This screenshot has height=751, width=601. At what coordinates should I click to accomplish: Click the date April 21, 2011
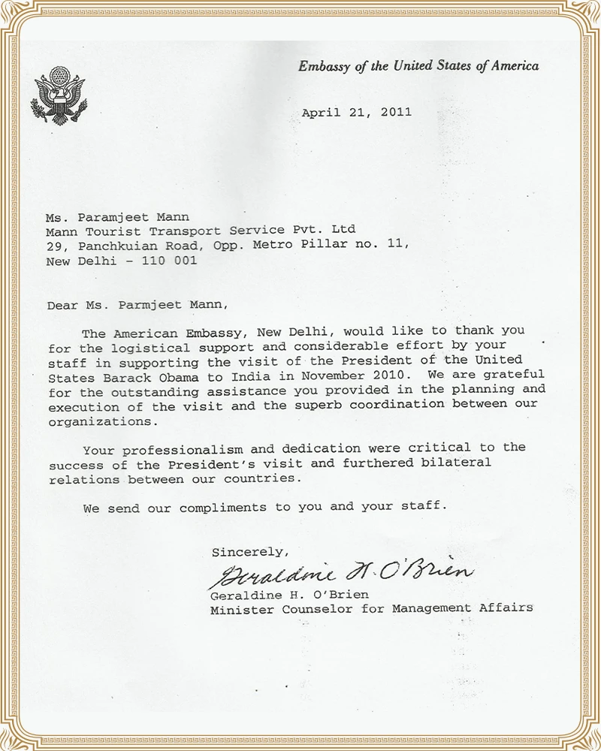coord(357,113)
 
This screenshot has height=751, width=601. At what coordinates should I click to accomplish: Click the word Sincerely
coord(249,552)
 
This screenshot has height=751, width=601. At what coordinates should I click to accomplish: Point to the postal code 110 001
coord(174,261)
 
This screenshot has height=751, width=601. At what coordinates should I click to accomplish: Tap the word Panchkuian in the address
coord(110,245)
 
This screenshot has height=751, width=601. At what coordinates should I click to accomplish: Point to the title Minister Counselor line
coord(372,608)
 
